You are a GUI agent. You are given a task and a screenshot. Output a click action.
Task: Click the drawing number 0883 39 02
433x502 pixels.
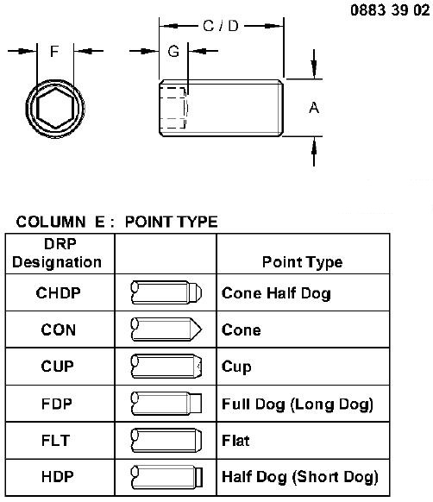click(390, 10)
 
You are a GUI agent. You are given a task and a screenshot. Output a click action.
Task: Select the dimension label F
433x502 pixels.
click(54, 51)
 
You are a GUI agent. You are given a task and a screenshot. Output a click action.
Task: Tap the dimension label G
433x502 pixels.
click(173, 51)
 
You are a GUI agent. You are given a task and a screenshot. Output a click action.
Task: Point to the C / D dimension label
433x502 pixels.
click(221, 26)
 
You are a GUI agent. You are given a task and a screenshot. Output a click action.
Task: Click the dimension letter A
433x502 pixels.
click(314, 108)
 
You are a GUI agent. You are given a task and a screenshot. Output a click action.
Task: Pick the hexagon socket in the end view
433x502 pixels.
click(55, 108)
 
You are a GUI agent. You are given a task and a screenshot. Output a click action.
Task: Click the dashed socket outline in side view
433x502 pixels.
click(173, 108)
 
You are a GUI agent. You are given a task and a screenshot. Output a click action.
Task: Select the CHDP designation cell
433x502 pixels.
click(59, 293)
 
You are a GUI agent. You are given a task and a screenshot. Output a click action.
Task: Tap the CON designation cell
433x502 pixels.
click(59, 329)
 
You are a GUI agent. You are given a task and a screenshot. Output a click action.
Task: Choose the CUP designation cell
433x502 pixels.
click(58, 367)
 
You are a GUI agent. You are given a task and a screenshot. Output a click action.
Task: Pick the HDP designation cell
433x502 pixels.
click(58, 476)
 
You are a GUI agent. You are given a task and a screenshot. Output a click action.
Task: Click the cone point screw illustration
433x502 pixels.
click(166, 329)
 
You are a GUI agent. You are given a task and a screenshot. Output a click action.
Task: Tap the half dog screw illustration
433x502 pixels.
click(166, 477)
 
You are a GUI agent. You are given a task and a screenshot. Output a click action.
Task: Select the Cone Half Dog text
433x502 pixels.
click(276, 293)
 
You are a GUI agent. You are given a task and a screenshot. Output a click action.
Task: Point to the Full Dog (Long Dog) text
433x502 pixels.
click(298, 405)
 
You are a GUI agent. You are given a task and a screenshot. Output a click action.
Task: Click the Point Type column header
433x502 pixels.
click(303, 262)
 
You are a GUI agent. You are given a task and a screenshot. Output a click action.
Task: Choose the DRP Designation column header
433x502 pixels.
click(57, 253)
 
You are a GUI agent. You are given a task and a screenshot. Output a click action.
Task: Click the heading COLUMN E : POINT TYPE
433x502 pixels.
click(117, 222)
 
